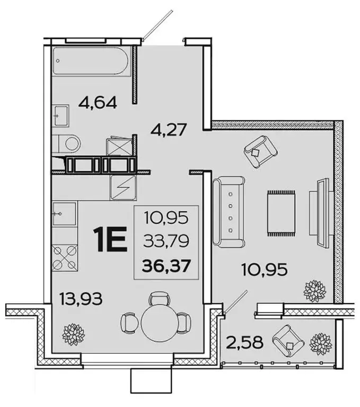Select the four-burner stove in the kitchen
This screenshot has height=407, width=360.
[64, 258]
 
